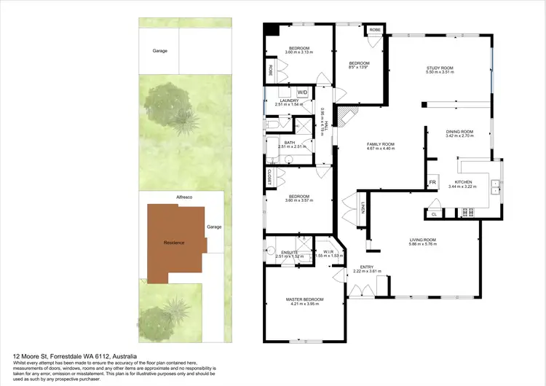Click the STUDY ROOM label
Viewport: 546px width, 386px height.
(x=440, y=70)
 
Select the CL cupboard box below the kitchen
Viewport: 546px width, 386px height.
(x=434, y=214)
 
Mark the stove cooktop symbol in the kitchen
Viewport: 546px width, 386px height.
(x=466, y=213)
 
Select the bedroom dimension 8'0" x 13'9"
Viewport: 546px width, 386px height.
(x=360, y=67)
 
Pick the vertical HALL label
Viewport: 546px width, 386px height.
(x=326, y=126)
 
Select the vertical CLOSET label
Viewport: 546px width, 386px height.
(x=270, y=176)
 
